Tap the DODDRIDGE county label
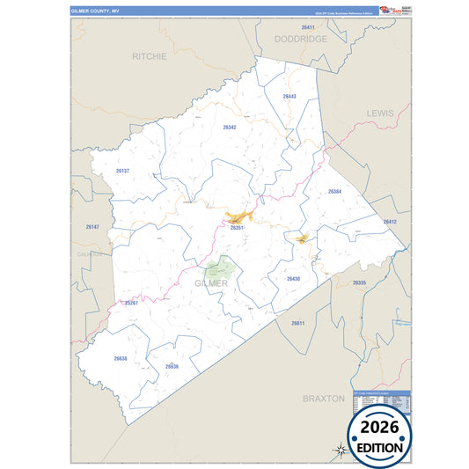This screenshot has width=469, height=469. coord(300,40)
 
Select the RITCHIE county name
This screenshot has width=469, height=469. coord(149,55)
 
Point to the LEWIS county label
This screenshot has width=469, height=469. coord(380,114)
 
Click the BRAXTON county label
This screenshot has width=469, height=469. coord(324,399)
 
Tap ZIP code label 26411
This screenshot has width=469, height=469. coord(307,28)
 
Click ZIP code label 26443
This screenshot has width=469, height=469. coord(289,96)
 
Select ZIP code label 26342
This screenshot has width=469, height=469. coord(229,127)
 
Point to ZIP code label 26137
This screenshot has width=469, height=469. coord(122,171)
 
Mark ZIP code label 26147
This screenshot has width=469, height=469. coord(93,227)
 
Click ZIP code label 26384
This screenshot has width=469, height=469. coord(334,191)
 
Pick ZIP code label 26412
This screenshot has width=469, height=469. coord(390,222)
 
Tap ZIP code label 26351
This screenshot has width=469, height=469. coord(236,228)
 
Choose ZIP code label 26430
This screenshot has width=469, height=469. coord(293,278)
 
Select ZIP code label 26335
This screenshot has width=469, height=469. coord(359,282)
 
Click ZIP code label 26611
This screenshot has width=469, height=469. coord(297,323)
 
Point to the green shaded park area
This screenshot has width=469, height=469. coord(220,268)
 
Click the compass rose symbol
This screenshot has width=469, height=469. coord(340,451)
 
